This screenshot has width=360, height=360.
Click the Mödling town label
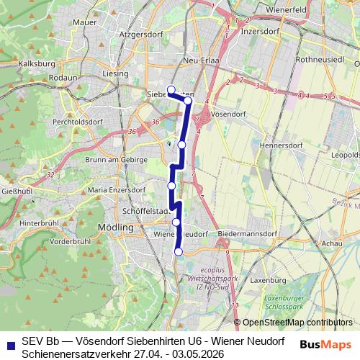114,227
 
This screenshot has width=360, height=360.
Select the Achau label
333,244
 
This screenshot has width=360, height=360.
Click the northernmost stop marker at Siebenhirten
171,90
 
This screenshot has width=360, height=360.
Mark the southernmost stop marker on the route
179,251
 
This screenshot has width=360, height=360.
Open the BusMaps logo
326,346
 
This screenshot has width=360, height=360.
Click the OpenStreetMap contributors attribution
297,323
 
